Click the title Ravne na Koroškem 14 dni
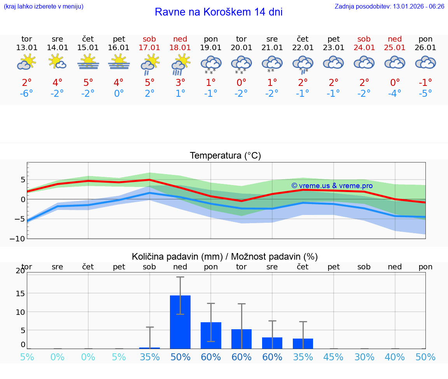pyautogui.click(x=219, y=12)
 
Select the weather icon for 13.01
pyautogui.click(x=26, y=62)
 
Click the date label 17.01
pyautogui.click(x=149, y=47)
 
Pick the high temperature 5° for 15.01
pyautogui.click(x=88, y=82)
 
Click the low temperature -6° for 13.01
pyautogui.click(x=26, y=93)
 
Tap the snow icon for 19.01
pyautogui.click(x=211, y=64)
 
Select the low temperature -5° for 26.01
pyautogui.click(x=425, y=93)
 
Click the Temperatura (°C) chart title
pyautogui.click(x=225, y=155)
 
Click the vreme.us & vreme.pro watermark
pyautogui.click(x=332, y=186)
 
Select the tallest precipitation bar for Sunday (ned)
pyautogui.click(x=180, y=322)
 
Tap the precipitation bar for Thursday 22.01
pyautogui.click(x=303, y=344)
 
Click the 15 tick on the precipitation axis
pyautogui.click(x=20, y=293)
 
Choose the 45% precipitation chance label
pyautogui.click(x=334, y=357)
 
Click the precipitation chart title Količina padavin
pyautogui.click(x=225, y=257)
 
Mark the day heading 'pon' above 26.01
pyautogui.click(x=425, y=39)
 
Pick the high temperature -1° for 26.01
pyautogui.click(x=425, y=82)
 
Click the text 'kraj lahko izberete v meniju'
pyautogui.click(x=44, y=6)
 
